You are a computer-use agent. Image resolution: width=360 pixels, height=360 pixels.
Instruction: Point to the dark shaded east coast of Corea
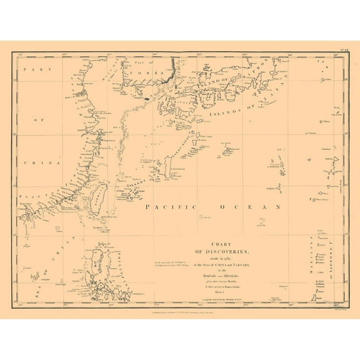pos(165,74)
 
